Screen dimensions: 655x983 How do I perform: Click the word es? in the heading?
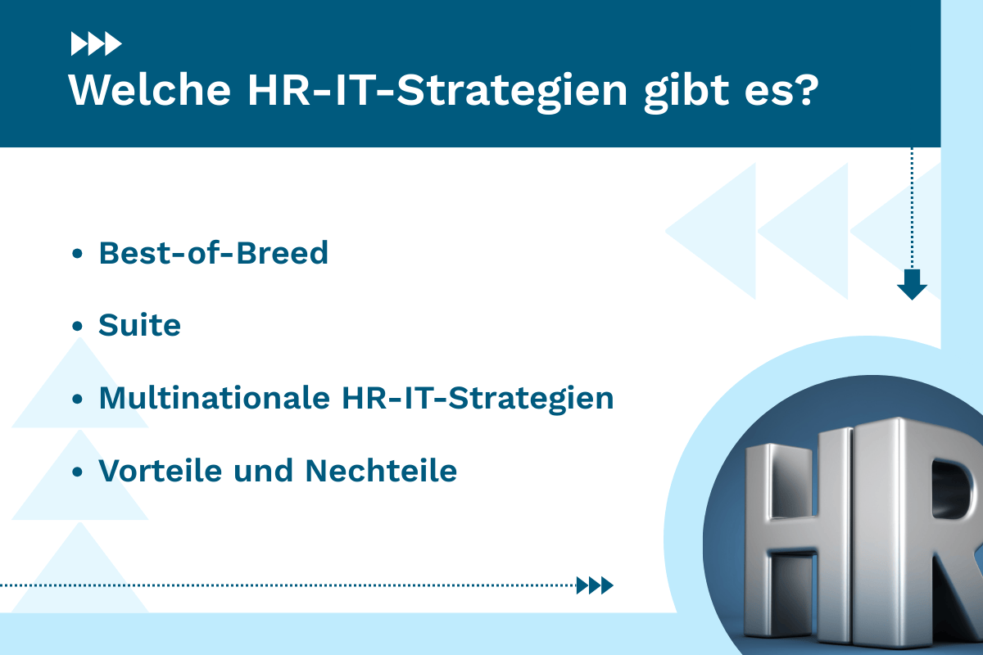(x=787, y=90)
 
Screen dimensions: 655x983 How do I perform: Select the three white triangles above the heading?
(x=96, y=43)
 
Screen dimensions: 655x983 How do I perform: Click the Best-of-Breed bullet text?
(x=213, y=254)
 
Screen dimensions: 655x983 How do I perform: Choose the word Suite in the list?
(x=139, y=326)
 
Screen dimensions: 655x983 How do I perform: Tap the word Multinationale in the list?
(x=211, y=399)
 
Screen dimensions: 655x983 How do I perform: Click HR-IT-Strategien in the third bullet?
(x=475, y=399)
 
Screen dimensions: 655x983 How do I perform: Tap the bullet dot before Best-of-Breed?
(x=78, y=255)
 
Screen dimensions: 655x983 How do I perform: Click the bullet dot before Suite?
(x=78, y=327)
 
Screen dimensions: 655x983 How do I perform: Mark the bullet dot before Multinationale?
(x=78, y=400)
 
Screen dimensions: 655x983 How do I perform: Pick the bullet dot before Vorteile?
(x=78, y=472)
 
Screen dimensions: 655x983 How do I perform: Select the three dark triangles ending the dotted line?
(x=595, y=585)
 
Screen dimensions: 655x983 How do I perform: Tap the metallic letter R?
(x=942, y=524)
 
